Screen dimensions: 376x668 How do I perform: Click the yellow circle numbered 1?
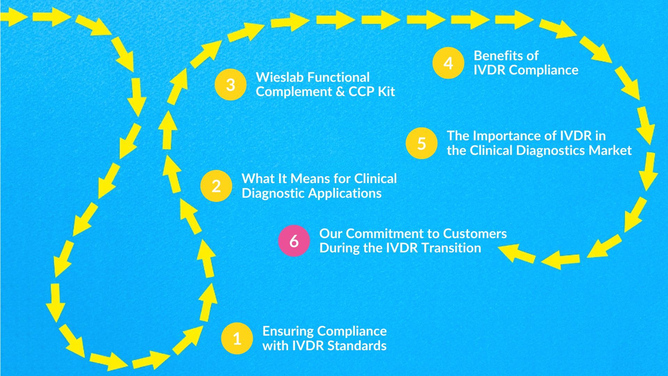coord(237,338)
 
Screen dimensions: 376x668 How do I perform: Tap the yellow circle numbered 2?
coord(216,186)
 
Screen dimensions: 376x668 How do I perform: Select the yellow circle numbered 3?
coord(230,85)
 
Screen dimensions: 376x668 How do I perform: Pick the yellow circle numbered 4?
coord(448,63)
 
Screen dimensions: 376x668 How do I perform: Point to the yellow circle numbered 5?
coord(421,143)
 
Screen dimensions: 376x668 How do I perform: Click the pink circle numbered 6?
coord(294,241)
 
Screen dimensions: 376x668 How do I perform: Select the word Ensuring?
coord(288,331)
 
